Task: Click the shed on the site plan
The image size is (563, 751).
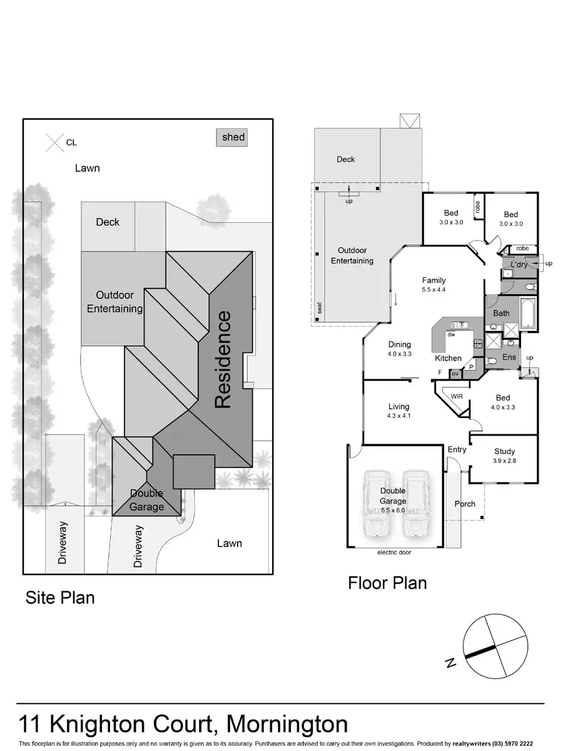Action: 232,138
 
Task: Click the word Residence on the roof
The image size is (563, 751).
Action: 224,359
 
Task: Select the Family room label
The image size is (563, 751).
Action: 434,280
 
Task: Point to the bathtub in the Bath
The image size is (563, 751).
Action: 527,314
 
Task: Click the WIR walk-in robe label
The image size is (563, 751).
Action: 456,396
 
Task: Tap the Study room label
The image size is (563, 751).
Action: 504,451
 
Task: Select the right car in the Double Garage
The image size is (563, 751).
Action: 415,504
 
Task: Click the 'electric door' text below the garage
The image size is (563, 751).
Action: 394,553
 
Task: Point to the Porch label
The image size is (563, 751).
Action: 465,504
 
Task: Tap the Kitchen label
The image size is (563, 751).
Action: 448,359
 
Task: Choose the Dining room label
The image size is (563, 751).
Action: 399,344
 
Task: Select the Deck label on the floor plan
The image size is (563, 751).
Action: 346,160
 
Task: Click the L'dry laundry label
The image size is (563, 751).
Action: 519,265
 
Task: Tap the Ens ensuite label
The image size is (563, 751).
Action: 509,357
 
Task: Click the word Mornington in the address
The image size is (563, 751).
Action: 287,724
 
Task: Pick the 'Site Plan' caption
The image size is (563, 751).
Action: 60,598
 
